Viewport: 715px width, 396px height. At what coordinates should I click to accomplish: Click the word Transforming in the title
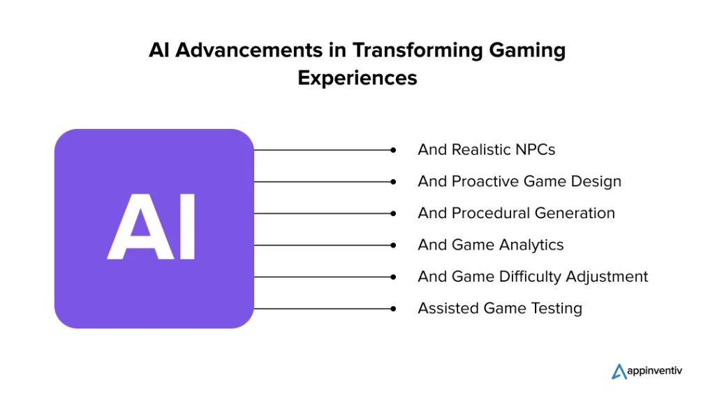pos(417,50)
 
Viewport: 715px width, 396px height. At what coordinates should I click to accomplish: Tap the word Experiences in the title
pos(357,78)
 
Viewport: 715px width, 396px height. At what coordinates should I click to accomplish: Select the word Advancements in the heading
pos(249,49)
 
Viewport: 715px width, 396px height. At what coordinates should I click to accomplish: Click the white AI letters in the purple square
pos(152,227)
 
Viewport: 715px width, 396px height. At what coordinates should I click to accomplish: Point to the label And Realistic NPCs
pos(487,150)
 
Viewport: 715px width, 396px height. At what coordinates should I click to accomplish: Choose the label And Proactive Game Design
pos(519,181)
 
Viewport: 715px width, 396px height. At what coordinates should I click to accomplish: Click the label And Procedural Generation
pos(516,213)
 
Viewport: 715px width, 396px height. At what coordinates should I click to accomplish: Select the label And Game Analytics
pos(491,245)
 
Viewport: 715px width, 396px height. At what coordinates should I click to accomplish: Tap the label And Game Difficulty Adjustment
pos(533,277)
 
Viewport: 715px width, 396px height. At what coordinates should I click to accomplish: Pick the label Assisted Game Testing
pos(500,309)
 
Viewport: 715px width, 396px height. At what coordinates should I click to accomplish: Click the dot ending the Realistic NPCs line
pos(393,150)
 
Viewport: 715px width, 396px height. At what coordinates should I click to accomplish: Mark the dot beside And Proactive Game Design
pos(393,181)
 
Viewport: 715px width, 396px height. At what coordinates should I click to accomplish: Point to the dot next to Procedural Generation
pos(393,213)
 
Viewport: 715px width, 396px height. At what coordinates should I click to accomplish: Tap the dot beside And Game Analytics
pos(393,245)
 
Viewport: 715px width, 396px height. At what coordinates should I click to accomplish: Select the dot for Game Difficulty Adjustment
pos(393,277)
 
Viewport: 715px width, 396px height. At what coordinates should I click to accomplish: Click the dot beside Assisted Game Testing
pos(393,309)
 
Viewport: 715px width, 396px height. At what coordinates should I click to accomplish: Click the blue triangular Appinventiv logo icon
pos(619,372)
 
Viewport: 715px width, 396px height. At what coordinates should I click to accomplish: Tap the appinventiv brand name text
pos(655,371)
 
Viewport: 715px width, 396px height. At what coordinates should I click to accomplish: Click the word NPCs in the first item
pos(536,150)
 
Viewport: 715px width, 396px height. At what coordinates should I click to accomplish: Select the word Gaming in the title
pos(527,50)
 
